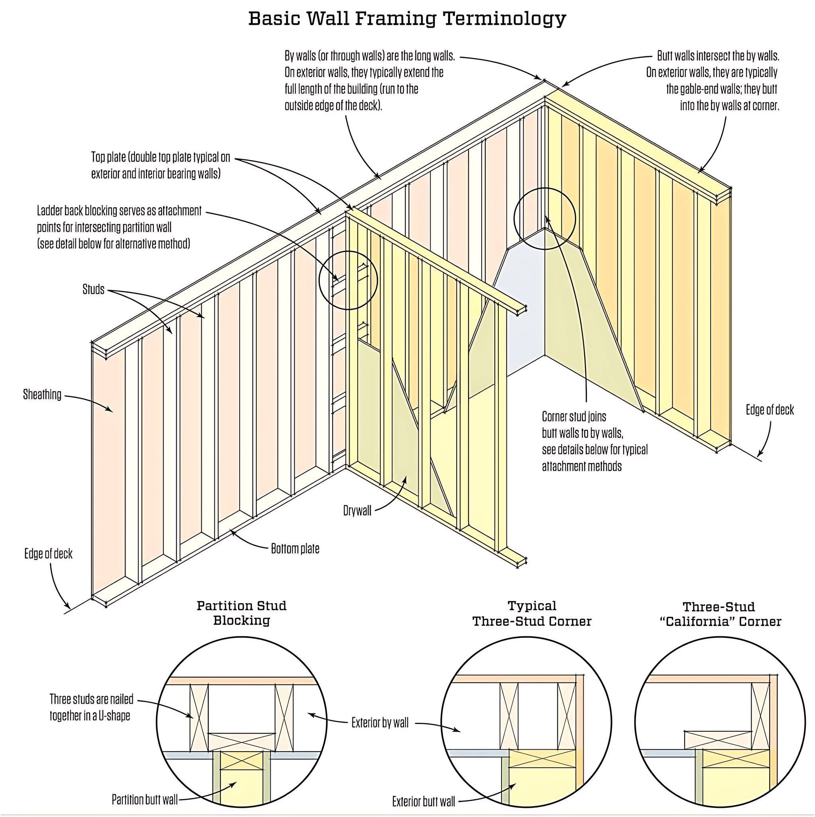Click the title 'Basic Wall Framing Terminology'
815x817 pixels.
[x=407, y=19]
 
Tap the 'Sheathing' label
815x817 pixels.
[x=42, y=395]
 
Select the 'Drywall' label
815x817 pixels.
[x=357, y=511]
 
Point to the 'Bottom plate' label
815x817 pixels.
[x=295, y=549]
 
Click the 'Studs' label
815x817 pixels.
[x=93, y=290]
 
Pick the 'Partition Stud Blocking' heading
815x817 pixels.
[x=241, y=613]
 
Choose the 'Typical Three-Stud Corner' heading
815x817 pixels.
[x=532, y=613]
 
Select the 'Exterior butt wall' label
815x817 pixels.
[x=423, y=801]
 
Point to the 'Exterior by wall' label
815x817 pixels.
[x=380, y=723]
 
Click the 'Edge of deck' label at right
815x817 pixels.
[x=770, y=410]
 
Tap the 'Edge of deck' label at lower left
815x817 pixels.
[x=48, y=554]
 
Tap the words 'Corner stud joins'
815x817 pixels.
[x=574, y=417]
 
